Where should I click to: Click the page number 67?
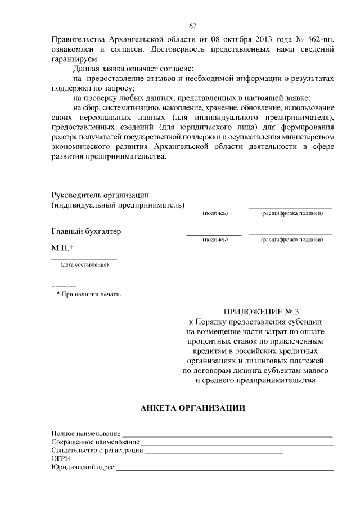pyautogui.click(x=192, y=26)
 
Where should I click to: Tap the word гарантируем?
pyautogui.click(x=74, y=59)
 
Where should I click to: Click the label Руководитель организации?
pyautogui.click(x=100, y=195)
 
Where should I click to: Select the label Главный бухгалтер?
pyautogui.click(x=86, y=231)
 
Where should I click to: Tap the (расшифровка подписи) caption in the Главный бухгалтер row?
pyautogui.click(x=291, y=240)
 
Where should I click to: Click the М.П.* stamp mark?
pyautogui.click(x=63, y=247)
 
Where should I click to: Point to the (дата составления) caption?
pyautogui.click(x=84, y=265)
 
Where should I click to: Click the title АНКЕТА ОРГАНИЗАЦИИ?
pyautogui.click(x=193, y=408)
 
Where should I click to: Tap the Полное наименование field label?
pyautogui.click(x=86, y=434)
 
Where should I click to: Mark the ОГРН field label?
pyautogui.click(x=61, y=459)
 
